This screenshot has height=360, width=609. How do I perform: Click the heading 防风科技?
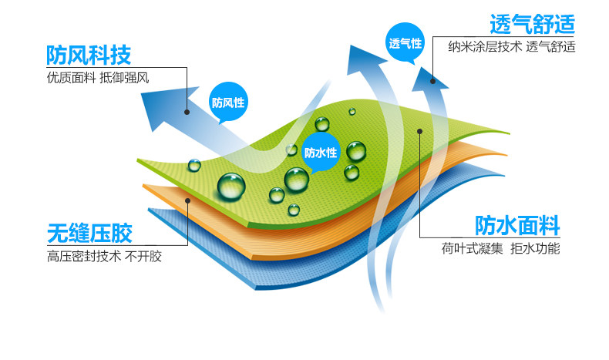point(89,56)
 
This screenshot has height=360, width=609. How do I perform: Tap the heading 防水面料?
point(517,225)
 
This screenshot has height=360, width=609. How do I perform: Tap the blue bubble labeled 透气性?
point(405,42)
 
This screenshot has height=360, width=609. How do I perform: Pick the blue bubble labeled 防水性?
point(321,152)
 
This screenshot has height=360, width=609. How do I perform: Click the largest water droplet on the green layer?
point(231,187)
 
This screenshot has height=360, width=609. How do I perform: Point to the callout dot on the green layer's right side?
point(419,131)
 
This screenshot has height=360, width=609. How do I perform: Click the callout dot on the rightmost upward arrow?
point(432,80)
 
